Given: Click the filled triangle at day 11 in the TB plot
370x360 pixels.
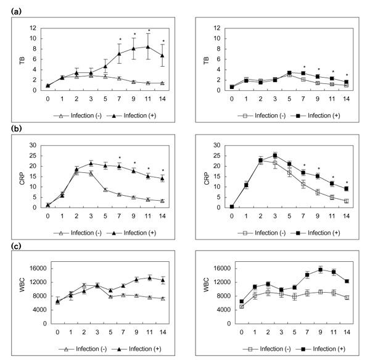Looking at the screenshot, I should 148,46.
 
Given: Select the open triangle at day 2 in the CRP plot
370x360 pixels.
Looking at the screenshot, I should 76,172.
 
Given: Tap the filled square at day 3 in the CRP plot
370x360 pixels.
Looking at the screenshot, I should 274,156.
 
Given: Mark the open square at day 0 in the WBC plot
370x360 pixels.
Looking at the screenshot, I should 232,306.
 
